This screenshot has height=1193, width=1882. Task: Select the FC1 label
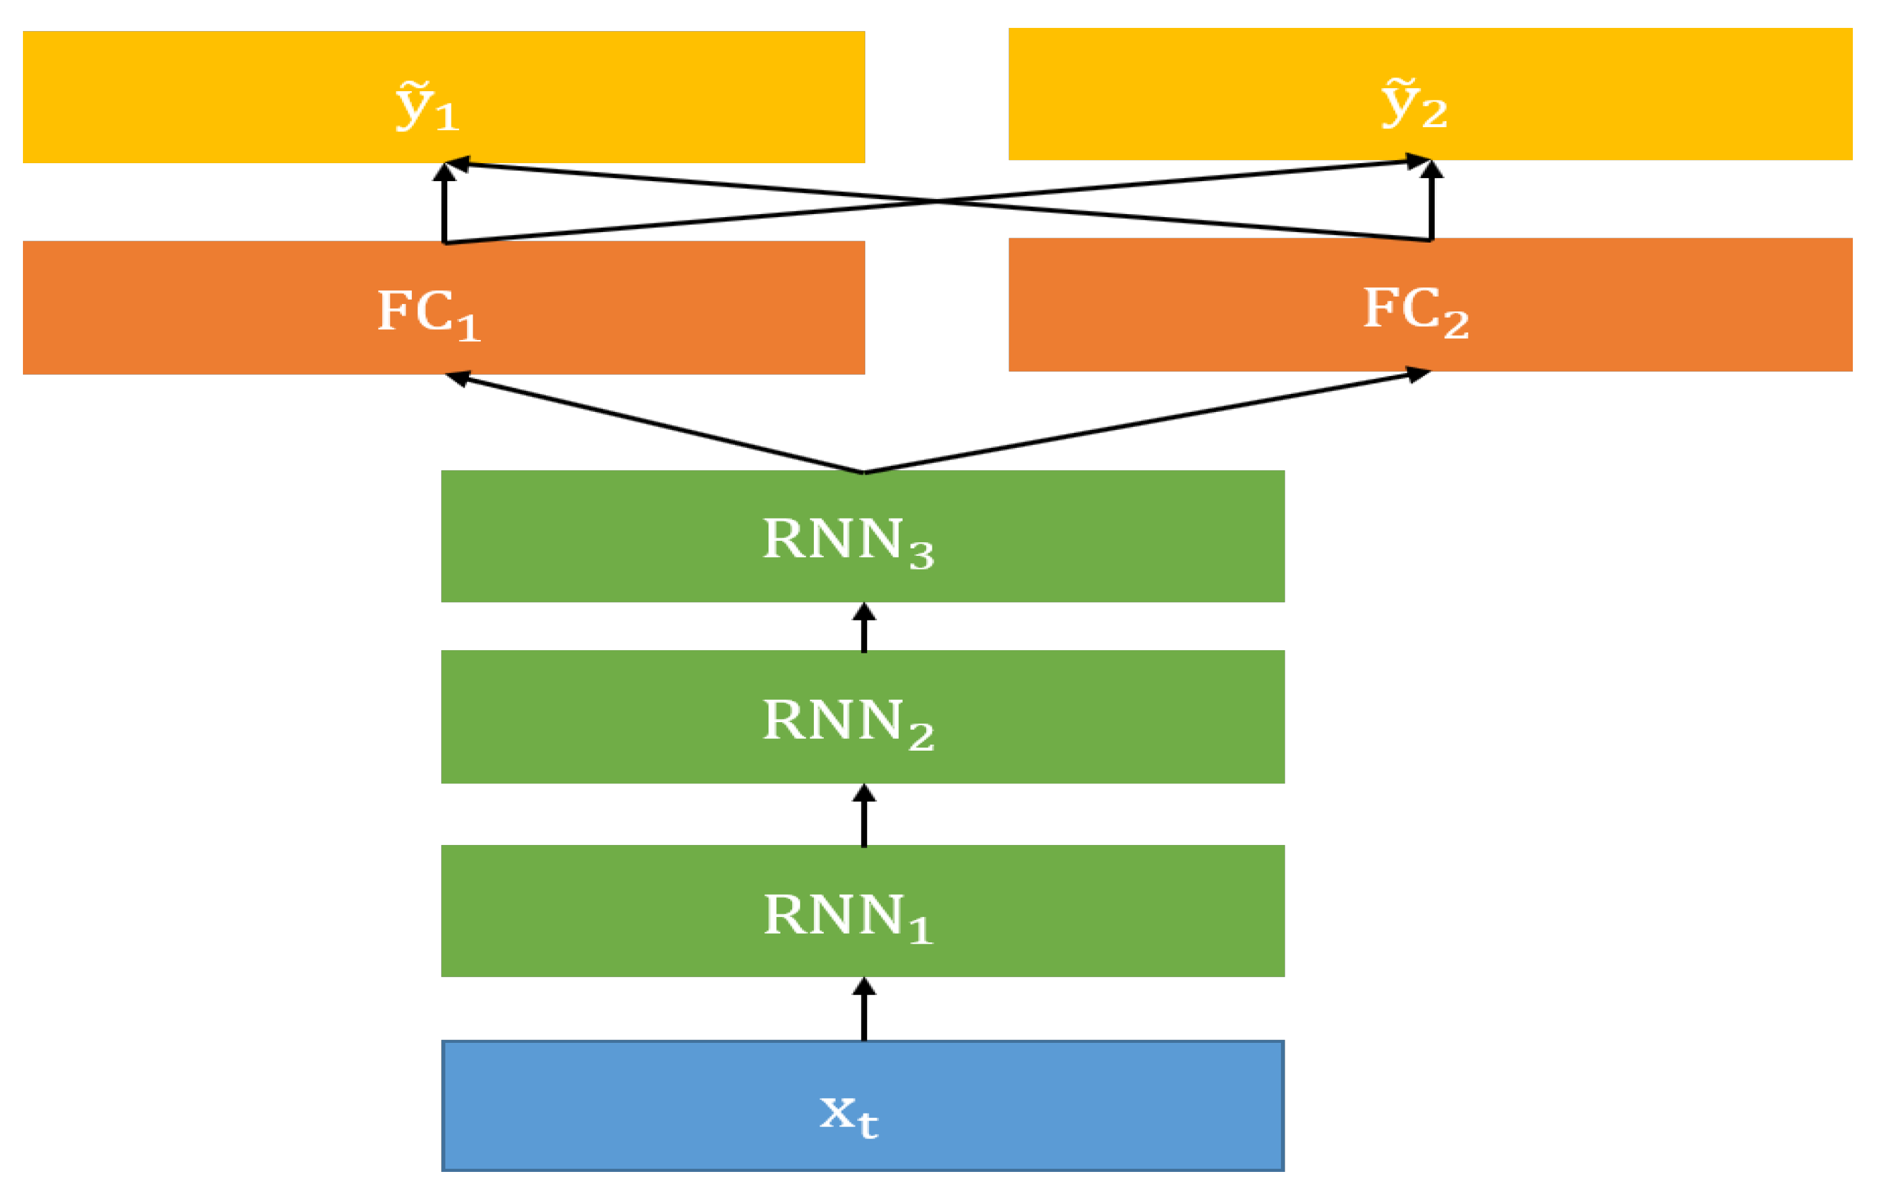pos(428,313)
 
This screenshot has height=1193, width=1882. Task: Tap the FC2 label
pos(1416,310)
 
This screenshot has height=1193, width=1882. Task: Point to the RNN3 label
pos(848,541)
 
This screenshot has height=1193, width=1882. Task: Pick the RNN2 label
pos(848,722)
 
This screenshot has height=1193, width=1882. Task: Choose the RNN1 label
pos(848,916)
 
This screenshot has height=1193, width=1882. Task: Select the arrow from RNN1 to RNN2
pos(863,815)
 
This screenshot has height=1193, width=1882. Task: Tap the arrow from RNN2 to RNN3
pos(863,628)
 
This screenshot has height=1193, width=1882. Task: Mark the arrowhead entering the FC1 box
pos(457,378)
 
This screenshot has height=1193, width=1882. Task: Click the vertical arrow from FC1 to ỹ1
pos(444,205)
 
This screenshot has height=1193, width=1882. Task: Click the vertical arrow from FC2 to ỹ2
pos(1431,202)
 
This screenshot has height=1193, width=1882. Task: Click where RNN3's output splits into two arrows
pos(863,471)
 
